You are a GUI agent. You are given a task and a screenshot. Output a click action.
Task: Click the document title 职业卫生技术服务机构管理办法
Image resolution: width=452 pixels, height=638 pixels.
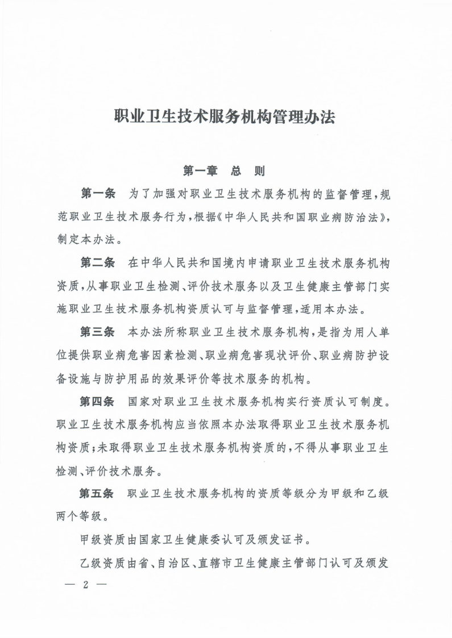point(226,118)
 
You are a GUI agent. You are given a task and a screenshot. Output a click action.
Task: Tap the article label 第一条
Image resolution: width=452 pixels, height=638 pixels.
point(98,193)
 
